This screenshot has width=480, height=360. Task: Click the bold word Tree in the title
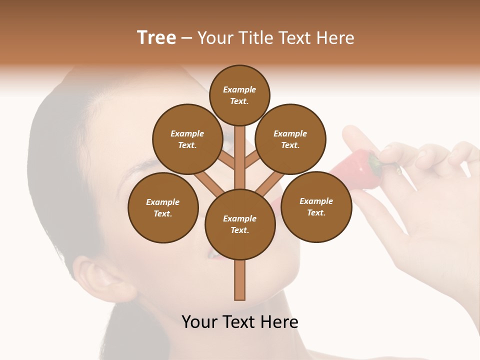coord(156,37)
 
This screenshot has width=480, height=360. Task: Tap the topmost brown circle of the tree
coord(239,95)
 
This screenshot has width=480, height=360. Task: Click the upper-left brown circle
coord(187,139)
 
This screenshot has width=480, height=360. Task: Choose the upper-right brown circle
coord(290,139)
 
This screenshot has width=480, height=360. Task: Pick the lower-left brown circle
coord(163,207)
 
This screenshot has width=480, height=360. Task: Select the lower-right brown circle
coord(316,206)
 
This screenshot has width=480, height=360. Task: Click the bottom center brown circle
coord(240,224)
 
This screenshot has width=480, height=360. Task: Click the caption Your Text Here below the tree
coord(240,321)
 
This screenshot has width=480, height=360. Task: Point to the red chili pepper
coord(355,170)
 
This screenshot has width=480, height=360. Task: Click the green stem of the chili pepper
coord(374,163)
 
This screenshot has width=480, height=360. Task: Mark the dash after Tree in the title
coord(187,38)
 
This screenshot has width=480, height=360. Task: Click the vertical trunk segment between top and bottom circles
coord(240,155)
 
